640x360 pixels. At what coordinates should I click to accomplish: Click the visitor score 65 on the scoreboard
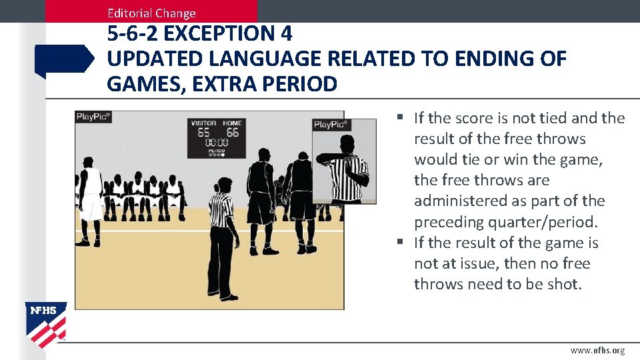pyautogui.click(x=203, y=133)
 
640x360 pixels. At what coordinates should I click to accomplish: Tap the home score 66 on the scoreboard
pyautogui.click(x=232, y=133)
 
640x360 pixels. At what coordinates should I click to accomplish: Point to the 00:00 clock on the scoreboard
pyautogui.click(x=217, y=143)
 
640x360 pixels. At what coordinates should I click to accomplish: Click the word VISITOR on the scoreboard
pyautogui.click(x=203, y=123)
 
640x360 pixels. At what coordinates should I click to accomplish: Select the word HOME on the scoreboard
pyautogui.click(x=232, y=123)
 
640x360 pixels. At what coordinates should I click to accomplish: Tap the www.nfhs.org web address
pyautogui.click(x=597, y=351)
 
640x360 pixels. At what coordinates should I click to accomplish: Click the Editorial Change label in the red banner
pyautogui.click(x=151, y=13)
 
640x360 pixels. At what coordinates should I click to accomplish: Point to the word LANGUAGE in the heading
pyautogui.click(x=265, y=59)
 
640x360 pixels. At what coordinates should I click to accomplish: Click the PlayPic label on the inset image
pyautogui.click(x=331, y=125)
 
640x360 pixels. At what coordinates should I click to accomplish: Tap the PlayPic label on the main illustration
pyautogui.click(x=93, y=117)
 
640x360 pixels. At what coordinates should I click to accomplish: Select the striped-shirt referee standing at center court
pyautogui.click(x=221, y=233)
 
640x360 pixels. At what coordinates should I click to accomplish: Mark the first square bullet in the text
pyautogui.click(x=399, y=118)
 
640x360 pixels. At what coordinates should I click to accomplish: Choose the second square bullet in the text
pyautogui.click(x=399, y=243)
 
